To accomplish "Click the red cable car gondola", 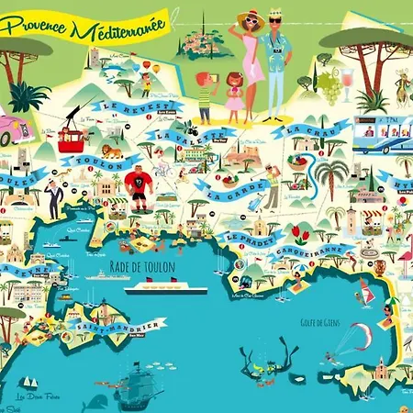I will (x=71, y=139).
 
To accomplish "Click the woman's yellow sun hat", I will (x=250, y=18).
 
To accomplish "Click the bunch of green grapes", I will (x=329, y=85).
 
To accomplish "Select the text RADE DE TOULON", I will (x=151, y=267).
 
